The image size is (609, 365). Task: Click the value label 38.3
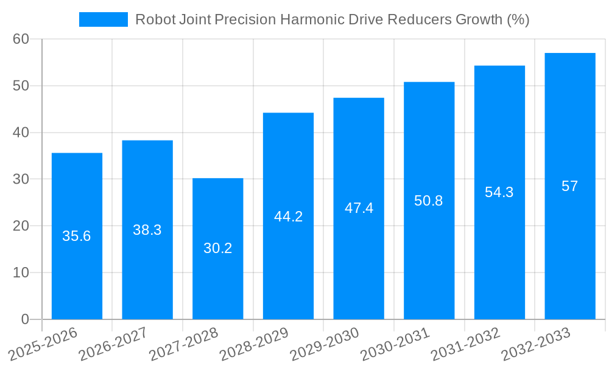click(147, 230)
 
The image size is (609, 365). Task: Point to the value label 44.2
click(288, 217)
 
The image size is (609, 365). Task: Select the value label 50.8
click(429, 201)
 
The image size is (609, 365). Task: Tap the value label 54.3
click(499, 192)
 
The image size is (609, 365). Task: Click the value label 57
click(569, 186)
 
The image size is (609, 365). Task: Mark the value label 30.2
click(217, 248)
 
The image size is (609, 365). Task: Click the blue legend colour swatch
click(104, 19)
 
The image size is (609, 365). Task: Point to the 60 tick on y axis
click(21, 39)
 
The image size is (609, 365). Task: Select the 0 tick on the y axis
click(25, 319)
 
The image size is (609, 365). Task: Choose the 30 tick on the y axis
click(21, 179)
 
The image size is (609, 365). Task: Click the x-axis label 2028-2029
click(255, 344)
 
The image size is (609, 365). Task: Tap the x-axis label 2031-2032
click(466, 344)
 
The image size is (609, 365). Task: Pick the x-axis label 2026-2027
click(114, 344)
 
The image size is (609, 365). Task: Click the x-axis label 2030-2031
click(395, 344)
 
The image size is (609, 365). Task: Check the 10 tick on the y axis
click(21, 273)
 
